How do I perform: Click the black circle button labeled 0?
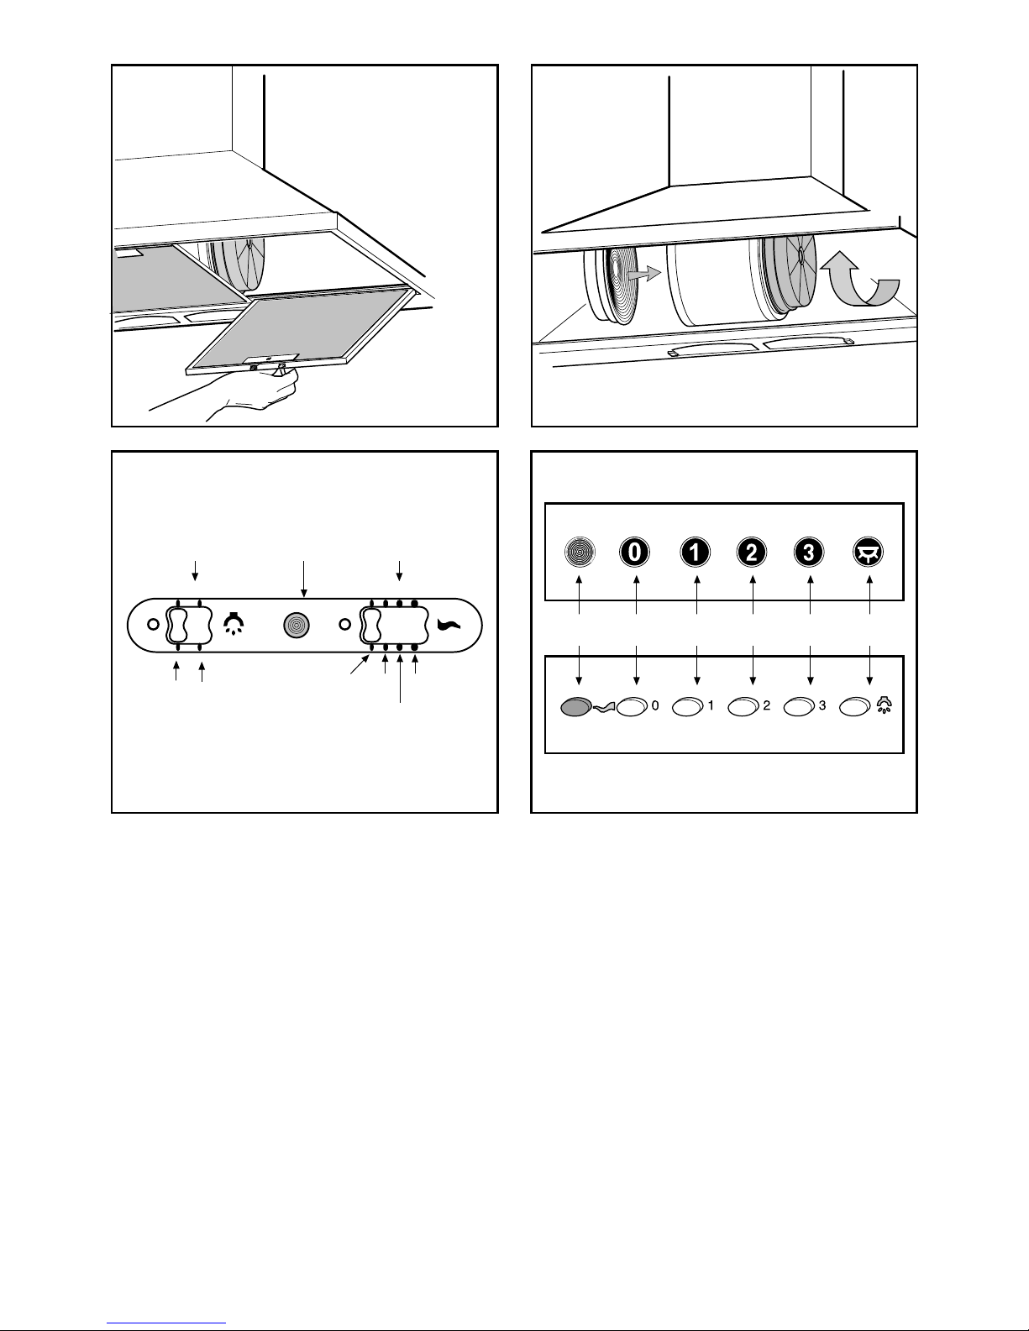point(634,552)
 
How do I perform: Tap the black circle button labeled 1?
point(695,552)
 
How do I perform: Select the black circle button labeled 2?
point(752,552)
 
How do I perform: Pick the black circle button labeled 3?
point(808,552)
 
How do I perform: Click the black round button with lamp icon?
point(868,552)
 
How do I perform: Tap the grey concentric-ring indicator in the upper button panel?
point(580,552)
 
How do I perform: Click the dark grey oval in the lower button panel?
point(575,707)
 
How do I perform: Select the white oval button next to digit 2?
point(743,707)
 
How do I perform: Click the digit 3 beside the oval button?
point(822,705)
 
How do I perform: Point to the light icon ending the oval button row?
point(885,705)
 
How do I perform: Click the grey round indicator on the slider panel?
point(297,626)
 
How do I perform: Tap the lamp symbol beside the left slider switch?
point(234,624)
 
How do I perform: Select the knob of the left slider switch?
point(176,626)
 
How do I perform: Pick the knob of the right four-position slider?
point(372,626)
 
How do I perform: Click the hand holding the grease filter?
point(257,390)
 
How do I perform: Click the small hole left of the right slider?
point(345,625)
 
